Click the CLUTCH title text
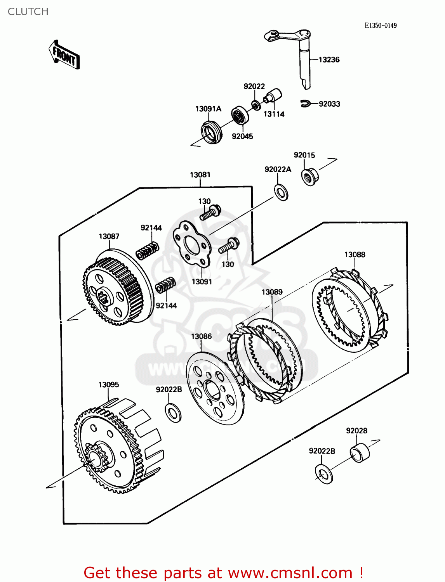coord(28,12)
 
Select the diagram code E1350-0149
coord(380,26)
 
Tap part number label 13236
coord(329,60)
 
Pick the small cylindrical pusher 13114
coord(273,96)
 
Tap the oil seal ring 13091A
coord(212,133)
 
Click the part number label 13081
coord(200,175)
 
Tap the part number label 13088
coord(355,255)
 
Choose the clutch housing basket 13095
coord(116,446)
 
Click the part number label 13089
coord(272,292)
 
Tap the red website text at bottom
coord(223,573)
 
